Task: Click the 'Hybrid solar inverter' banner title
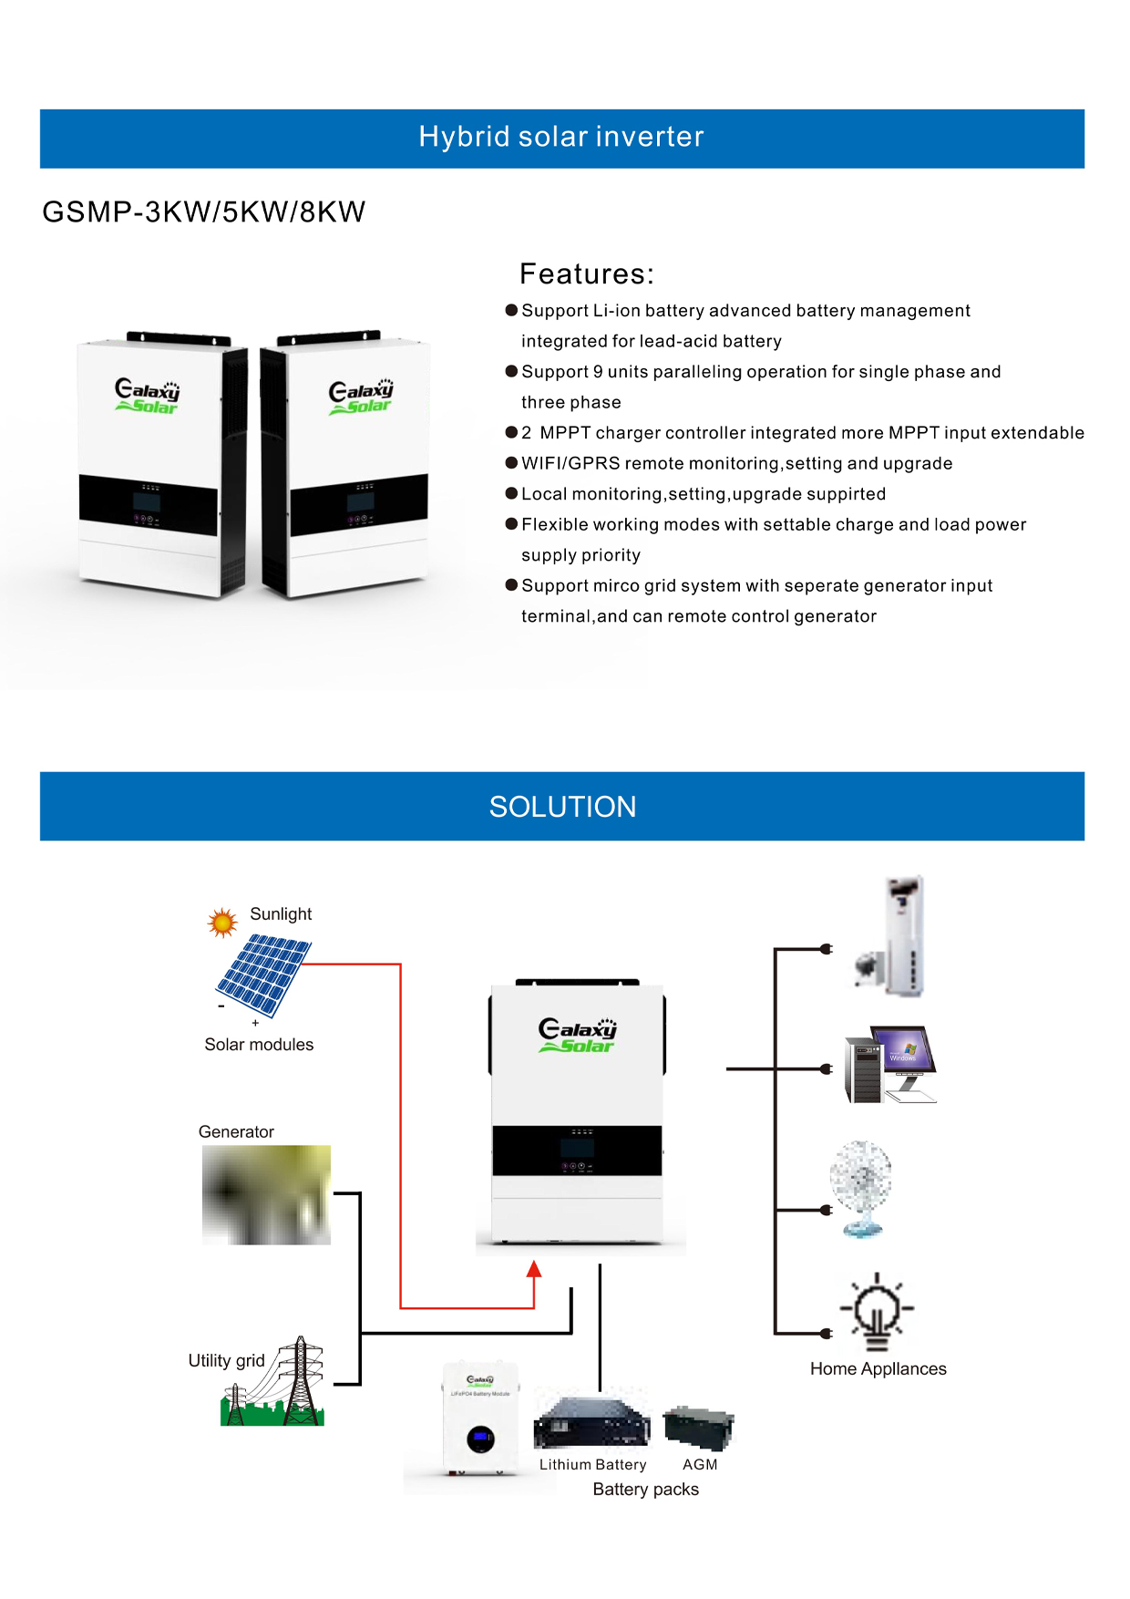pos(561,137)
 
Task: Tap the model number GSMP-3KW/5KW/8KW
pos(204,211)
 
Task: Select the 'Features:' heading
pos(587,273)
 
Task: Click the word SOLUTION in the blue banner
pos(562,807)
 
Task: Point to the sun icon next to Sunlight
pos(221,923)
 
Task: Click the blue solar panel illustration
pos(263,975)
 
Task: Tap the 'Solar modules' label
pos(259,1045)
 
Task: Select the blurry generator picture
pos(266,1194)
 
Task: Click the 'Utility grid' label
pos(226,1360)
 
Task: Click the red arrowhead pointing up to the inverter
pos(534,1269)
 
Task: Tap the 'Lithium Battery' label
pos(592,1464)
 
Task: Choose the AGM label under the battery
pos(700,1464)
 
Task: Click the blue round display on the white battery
pos(480,1439)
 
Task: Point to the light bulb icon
pos(877,1311)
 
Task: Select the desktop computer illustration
pos(890,1064)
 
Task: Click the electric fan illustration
pos(861,1187)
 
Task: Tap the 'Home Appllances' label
pos(878,1368)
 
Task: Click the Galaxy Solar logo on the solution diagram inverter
pos(577,1035)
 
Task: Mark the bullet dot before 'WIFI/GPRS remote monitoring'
pos(511,463)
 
